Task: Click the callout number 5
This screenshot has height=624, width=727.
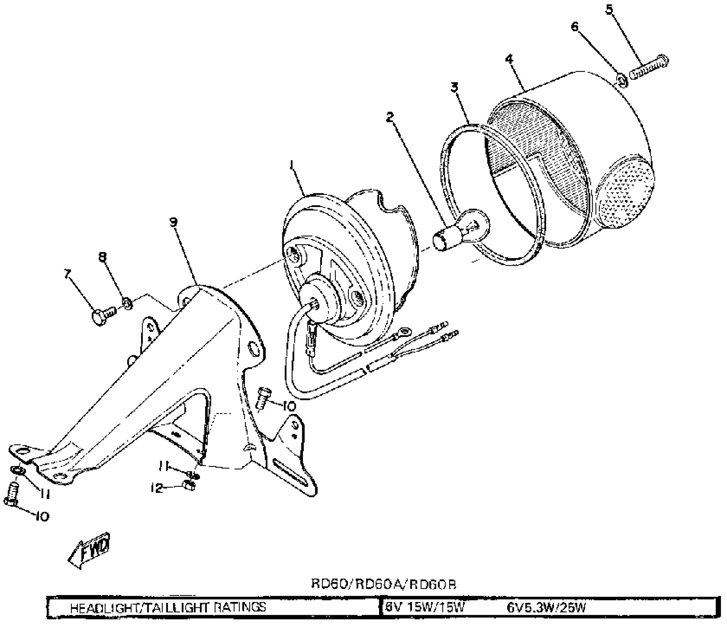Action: [609, 10]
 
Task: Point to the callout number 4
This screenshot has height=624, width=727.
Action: [509, 59]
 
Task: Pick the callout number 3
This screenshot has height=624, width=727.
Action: [455, 87]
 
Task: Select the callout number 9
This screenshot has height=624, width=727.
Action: [173, 222]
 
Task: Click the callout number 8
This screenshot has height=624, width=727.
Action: [103, 257]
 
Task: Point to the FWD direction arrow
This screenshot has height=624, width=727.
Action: [89, 551]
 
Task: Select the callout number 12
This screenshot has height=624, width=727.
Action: [157, 488]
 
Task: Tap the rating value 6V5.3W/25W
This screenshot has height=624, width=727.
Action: [546, 607]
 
